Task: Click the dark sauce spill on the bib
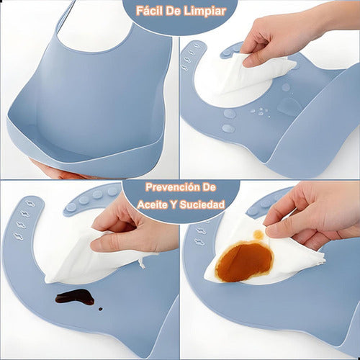click(x=75, y=297)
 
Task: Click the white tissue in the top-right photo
click(x=245, y=76)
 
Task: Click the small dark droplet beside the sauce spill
click(x=100, y=308)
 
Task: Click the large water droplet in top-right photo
click(x=289, y=107)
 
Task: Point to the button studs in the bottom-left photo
click(x=90, y=198)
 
